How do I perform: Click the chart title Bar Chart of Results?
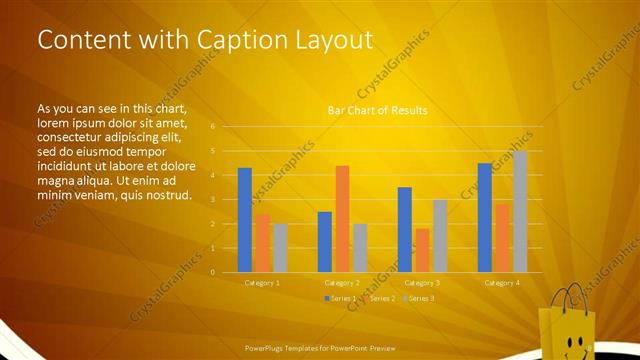pyautogui.click(x=378, y=110)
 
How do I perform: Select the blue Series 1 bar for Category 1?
pyautogui.click(x=245, y=220)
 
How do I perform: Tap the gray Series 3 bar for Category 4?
pyautogui.click(x=520, y=211)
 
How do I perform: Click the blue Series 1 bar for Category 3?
pyautogui.click(x=405, y=230)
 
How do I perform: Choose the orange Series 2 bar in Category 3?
pyautogui.click(x=422, y=250)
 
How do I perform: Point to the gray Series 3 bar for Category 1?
pyautogui.click(x=280, y=248)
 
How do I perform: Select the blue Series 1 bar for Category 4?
pyautogui.click(x=485, y=217)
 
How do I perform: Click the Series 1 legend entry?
pyautogui.click(x=340, y=298)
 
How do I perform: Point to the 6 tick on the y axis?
pyautogui.click(x=213, y=127)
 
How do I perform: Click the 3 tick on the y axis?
pyautogui.click(x=213, y=200)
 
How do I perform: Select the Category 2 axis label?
pyautogui.click(x=343, y=283)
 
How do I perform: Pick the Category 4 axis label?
pyautogui.click(x=502, y=283)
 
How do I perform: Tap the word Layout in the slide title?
pyautogui.click(x=335, y=40)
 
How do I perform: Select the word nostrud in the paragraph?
pyautogui.click(x=164, y=195)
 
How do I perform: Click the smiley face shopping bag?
pyautogui.click(x=567, y=325)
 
